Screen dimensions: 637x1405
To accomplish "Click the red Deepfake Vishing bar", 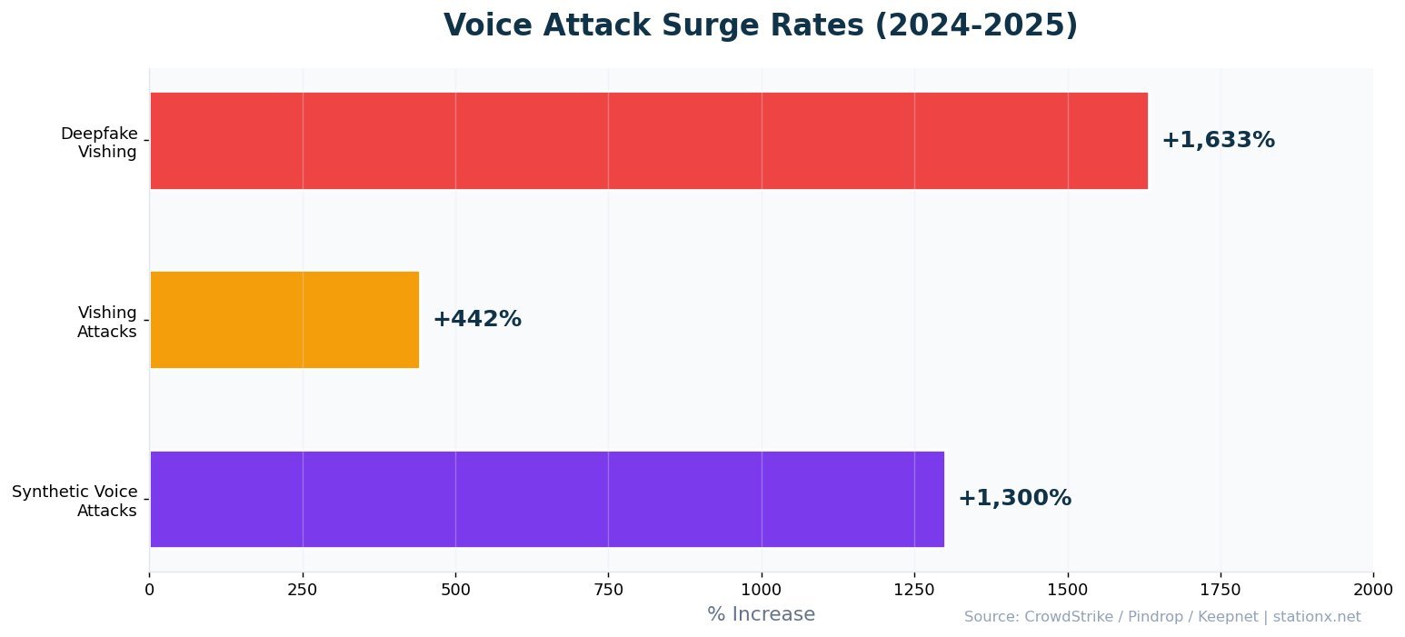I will (x=648, y=141).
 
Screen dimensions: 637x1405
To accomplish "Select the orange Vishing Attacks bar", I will (x=284, y=320).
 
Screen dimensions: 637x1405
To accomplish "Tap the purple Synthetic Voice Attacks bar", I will (x=546, y=499).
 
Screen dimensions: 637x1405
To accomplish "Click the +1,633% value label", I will (x=1218, y=141).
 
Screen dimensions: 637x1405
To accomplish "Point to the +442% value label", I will (x=477, y=320).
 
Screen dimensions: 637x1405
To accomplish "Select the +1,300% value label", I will (x=1014, y=499).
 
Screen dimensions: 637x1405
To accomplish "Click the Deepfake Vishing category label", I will (x=99, y=143).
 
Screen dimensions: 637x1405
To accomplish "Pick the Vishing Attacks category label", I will (x=106, y=322).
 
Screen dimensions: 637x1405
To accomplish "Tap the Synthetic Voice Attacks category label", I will (x=75, y=501).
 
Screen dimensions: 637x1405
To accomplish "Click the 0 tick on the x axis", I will (x=149, y=589).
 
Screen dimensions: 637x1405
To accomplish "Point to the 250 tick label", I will (x=303, y=589).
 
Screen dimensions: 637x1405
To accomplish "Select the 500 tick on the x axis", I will (x=455, y=589).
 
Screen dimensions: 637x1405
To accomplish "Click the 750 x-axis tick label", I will (x=608, y=589).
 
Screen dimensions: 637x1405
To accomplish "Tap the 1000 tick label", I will (x=762, y=589).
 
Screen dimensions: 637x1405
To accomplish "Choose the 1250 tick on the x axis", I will (x=914, y=589).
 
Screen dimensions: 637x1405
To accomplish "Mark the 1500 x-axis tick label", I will (x=1068, y=589).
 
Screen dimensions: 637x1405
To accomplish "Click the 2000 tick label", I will (x=1373, y=589).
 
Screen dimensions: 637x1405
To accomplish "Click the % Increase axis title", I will (x=761, y=614).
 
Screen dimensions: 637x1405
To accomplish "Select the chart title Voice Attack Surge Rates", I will (x=761, y=25).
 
